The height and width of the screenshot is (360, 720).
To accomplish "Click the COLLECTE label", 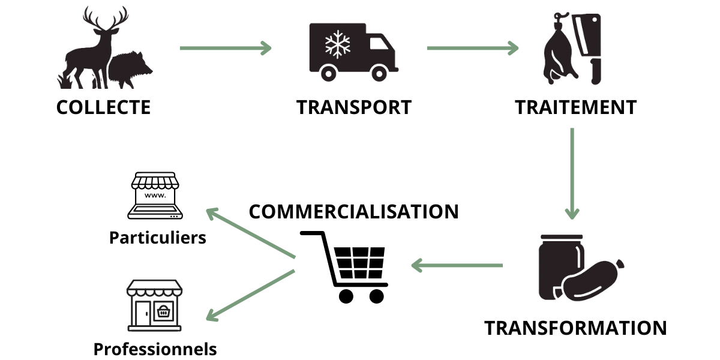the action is pyautogui.click(x=103, y=107).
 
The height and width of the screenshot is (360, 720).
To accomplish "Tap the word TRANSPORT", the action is pyautogui.click(x=354, y=107).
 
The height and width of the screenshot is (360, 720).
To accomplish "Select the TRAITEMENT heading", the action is pyautogui.click(x=575, y=107).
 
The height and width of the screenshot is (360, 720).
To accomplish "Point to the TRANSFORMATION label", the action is pyautogui.click(x=575, y=328).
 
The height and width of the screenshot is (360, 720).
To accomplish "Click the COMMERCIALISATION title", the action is pyautogui.click(x=353, y=211).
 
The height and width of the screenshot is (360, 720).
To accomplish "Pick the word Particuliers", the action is pyautogui.click(x=157, y=238).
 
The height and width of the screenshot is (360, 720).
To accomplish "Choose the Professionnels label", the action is pyautogui.click(x=155, y=349).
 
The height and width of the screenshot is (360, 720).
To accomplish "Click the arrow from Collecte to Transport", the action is pyautogui.click(x=226, y=48).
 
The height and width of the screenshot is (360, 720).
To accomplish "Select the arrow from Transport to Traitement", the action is pyautogui.click(x=473, y=48).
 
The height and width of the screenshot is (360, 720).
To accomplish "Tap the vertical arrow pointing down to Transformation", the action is pyautogui.click(x=572, y=173).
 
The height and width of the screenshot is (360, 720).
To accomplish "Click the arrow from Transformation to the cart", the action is pyautogui.click(x=457, y=265).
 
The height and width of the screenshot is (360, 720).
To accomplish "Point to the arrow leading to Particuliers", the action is pyautogui.click(x=250, y=233).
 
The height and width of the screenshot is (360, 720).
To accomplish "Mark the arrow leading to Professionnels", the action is pyautogui.click(x=250, y=296).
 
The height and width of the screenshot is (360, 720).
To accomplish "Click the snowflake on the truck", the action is pyautogui.click(x=337, y=44).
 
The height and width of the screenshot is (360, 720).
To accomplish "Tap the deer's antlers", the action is pyautogui.click(x=106, y=19).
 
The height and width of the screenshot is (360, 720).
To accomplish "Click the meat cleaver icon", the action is pyautogui.click(x=587, y=49).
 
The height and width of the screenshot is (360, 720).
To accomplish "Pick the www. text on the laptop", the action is pyautogui.click(x=155, y=195).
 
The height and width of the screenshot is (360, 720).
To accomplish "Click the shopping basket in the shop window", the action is pyautogui.click(x=163, y=311).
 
